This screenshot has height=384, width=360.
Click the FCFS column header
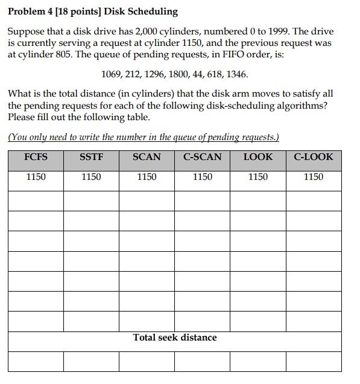click(36, 157)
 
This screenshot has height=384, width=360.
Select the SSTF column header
click(91, 157)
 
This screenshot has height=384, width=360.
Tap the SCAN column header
click(147, 157)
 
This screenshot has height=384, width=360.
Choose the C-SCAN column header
click(202, 157)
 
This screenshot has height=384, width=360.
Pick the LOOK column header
click(257, 157)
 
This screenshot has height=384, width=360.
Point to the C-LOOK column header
click(313, 157)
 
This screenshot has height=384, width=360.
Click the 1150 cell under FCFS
click(36, 177)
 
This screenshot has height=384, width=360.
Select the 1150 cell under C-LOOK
click(313, 177)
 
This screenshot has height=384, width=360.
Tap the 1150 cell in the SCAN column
click(147, 177)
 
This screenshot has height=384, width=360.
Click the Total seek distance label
click(174, 338)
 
